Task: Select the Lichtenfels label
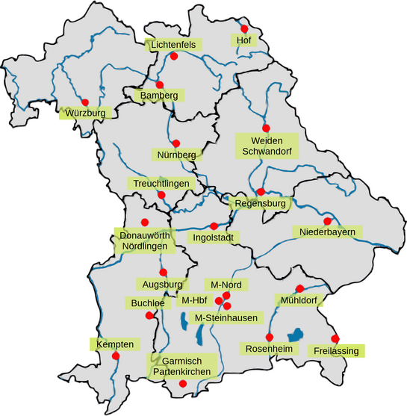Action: (173, 45)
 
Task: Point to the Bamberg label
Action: (159, 96)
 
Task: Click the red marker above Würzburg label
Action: (85, 102)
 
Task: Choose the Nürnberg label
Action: (176, 155)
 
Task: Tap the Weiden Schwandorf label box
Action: (266, 145)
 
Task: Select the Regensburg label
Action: (261, 203)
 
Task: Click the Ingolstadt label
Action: (214, 238)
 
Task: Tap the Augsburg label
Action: (161, 285)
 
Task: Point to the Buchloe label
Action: (146, 303)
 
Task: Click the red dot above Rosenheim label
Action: (270, 337)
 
